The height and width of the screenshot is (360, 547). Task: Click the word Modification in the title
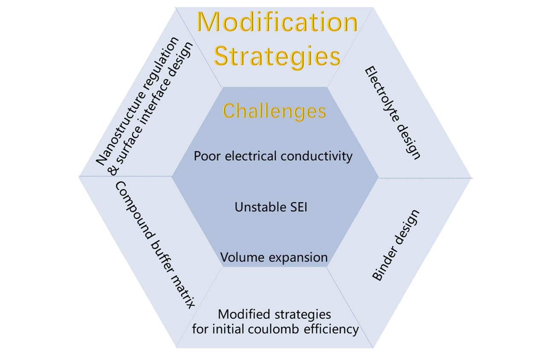click(277, 22)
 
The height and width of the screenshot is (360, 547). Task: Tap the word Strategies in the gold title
click(277, 56)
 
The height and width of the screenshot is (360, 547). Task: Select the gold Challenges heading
click(274, 111)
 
